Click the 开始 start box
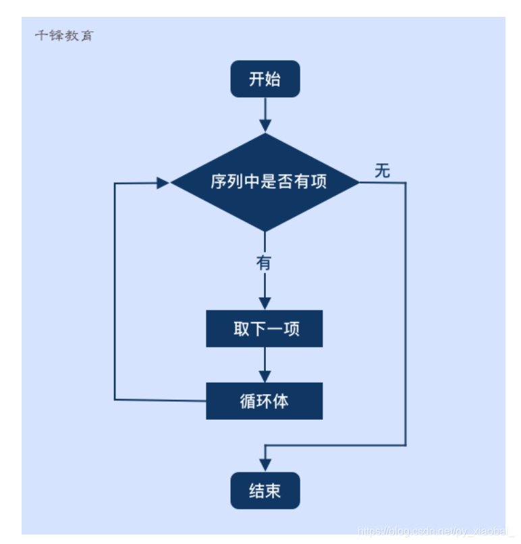265,79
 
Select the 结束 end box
265,491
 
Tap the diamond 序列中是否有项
265,182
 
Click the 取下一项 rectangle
265,329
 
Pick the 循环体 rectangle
265,401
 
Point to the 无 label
383,171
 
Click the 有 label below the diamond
264,263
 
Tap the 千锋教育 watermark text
64,36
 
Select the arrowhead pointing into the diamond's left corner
163,182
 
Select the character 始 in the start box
273,79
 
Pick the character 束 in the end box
273,491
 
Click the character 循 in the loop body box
248,401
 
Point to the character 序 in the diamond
217,182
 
